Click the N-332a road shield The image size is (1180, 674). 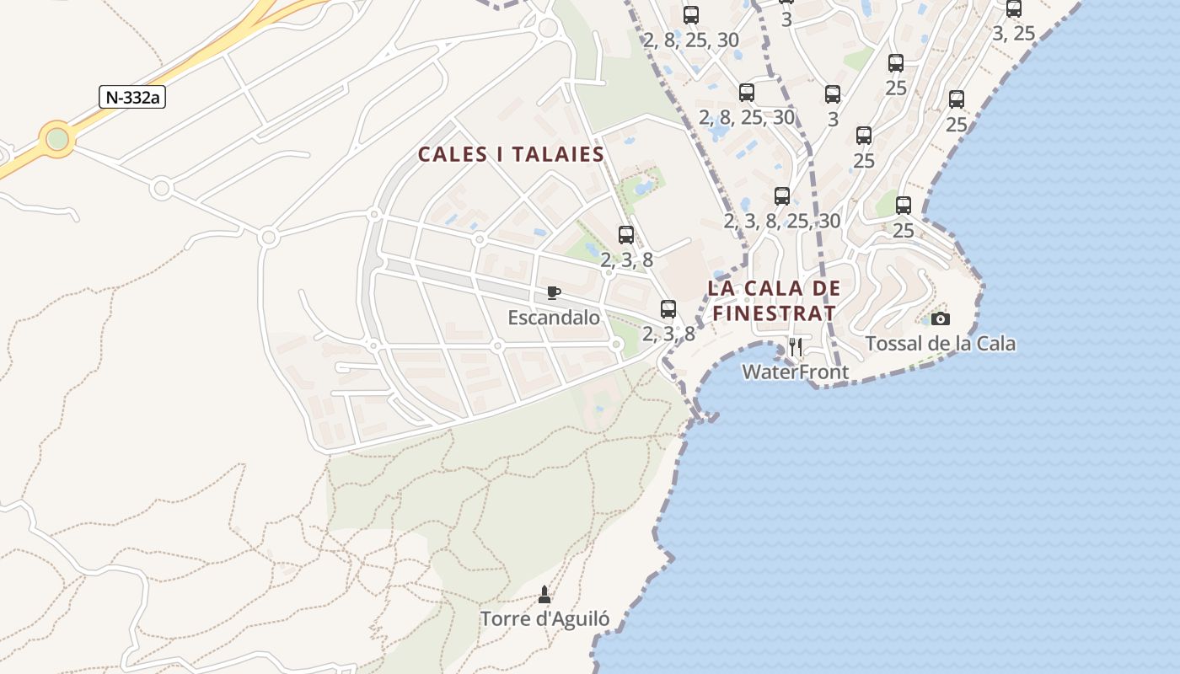point(132,97)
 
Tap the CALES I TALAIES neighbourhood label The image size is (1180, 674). point(512,155)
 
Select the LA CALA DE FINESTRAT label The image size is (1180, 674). point(774,301)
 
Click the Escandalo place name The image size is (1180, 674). point(554,318)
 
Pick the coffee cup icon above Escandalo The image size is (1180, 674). point(553,292)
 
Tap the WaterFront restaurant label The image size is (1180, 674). point(795,372)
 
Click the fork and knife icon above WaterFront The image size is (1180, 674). point(795,346)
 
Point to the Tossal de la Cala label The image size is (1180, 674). point(941,344)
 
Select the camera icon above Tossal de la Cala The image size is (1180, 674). point(940,318)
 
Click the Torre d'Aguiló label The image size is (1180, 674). point(544,618)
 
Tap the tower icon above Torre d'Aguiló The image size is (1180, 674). point(544,595)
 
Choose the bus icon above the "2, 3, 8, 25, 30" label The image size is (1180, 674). point(782,196)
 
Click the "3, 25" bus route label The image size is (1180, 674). point(1013,34)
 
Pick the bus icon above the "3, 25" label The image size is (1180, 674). point(1014,9)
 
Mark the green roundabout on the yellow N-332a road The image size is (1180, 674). point(57,138)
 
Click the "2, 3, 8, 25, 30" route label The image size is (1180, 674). point(782,221)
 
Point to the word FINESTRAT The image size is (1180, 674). point(774,314)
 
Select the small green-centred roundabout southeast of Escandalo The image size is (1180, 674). point(616,344)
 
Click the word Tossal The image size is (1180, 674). point(893,344)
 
